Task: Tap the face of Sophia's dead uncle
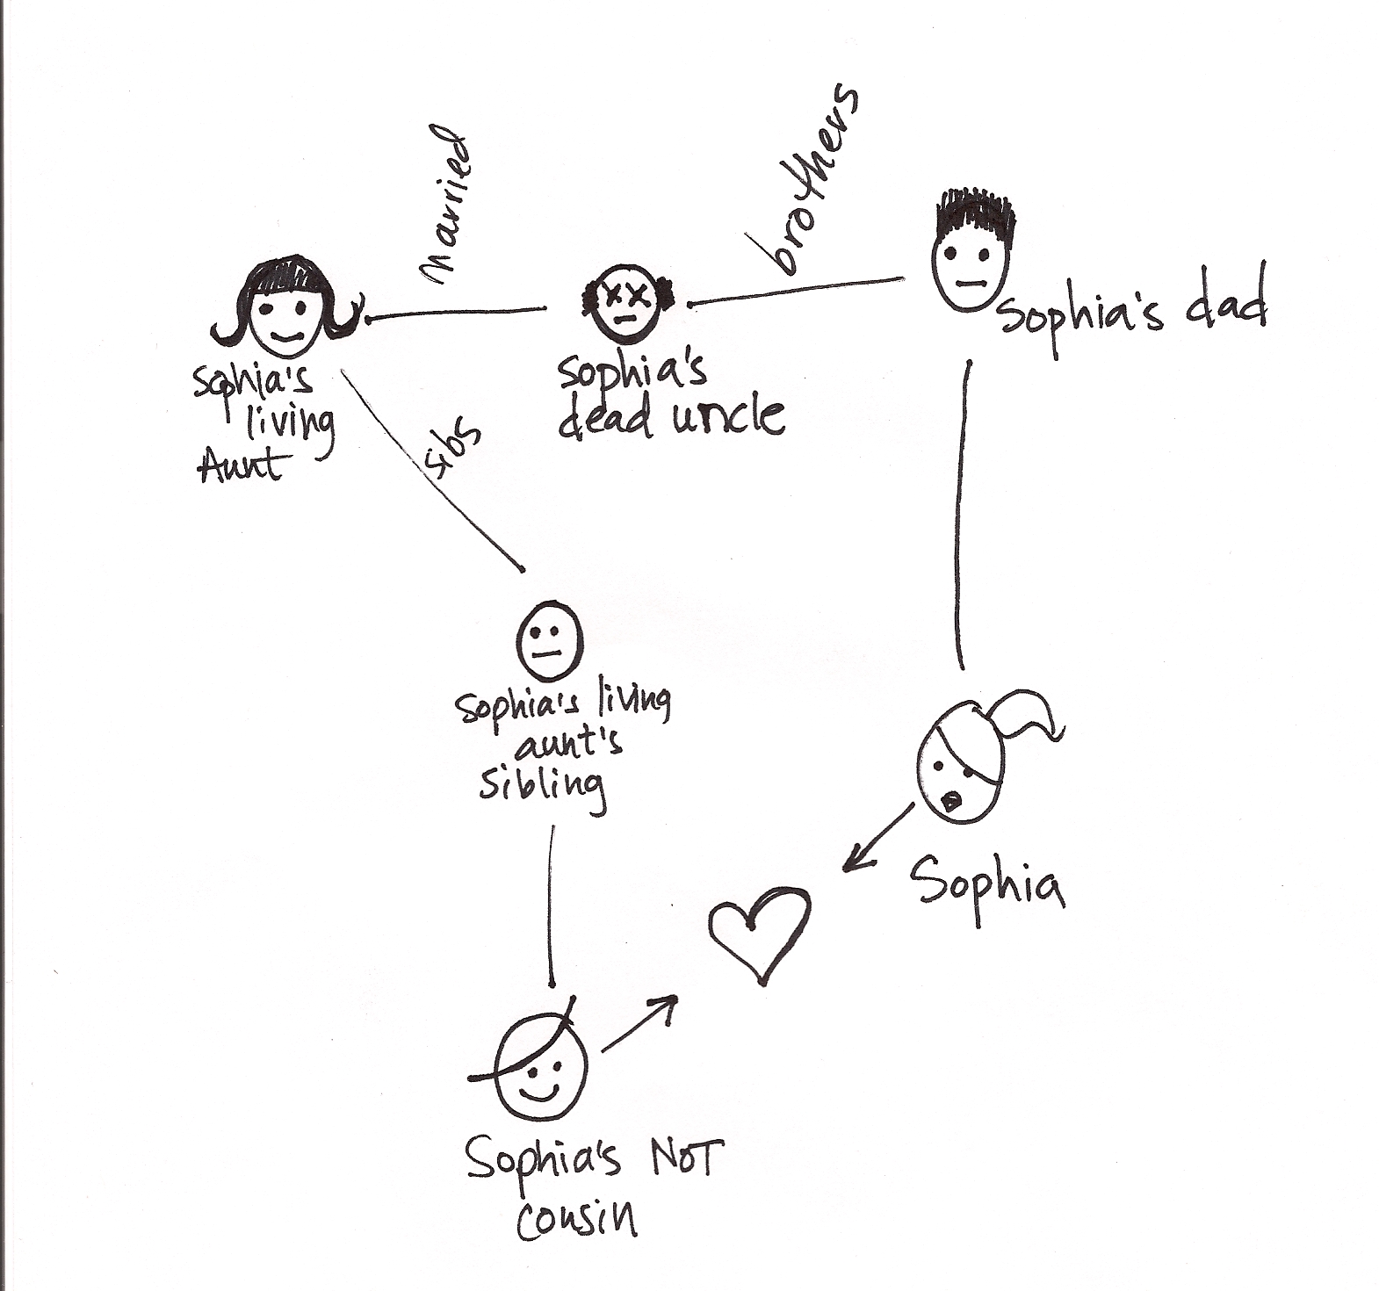626,303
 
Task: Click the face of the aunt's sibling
550,639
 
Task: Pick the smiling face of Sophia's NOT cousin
541,1076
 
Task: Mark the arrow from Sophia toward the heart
878,839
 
